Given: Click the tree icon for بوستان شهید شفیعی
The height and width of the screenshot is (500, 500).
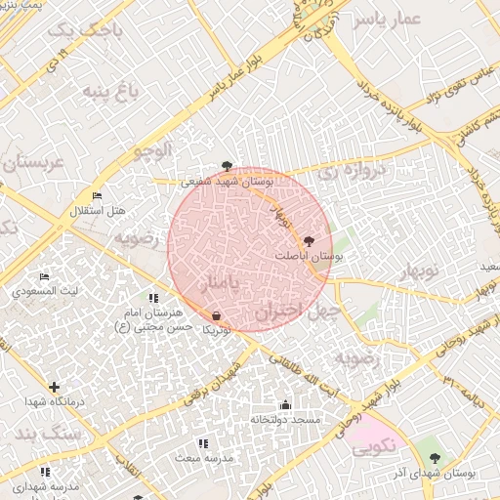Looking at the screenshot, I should [x=228, y=166].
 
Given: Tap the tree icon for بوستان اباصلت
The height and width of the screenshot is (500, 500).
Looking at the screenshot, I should [x=310, y=240].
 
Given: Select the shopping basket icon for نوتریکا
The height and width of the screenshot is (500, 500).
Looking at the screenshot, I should [x=216, y=316].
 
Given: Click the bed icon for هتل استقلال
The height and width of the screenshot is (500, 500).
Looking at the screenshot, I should [x=97, y=196].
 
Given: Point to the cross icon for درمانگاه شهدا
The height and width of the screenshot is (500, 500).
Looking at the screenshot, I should [x=54, y=388].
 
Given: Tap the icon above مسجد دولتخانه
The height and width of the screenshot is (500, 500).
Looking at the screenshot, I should [x=285, y=405].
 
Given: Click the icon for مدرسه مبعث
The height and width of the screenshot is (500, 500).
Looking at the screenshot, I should [x=203, y=444].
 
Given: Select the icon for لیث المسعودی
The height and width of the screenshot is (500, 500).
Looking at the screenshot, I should [x=44, y=277].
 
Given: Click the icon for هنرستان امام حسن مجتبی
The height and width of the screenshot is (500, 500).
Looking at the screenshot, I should [x=153, y=298].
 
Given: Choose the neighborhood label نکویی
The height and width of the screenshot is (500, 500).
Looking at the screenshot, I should [x=369, y=447].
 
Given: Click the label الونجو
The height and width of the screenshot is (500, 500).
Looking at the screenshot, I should [x=148, y=150].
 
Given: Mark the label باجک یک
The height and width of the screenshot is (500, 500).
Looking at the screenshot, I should [x=74, y=32].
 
